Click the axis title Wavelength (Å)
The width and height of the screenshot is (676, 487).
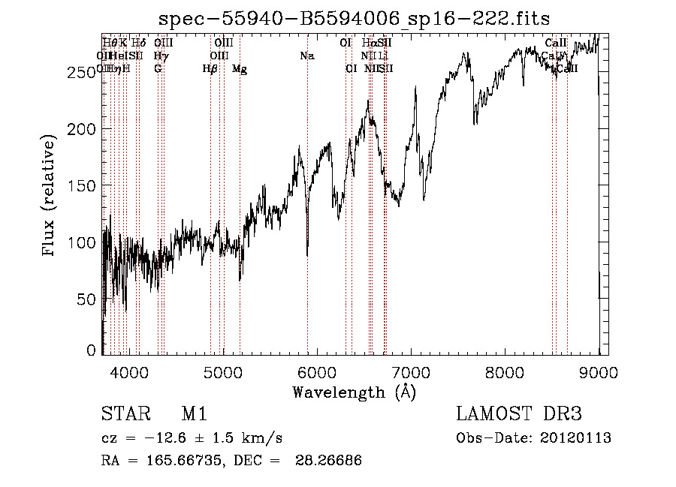click(x=354, y=392)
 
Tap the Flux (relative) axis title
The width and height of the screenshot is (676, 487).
click(x=50, y=197)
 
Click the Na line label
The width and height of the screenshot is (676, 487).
click(x=306, y=56)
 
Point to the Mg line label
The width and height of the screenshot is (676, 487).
click(x=240, y=69)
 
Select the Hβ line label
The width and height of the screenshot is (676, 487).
click(x=210, y=69)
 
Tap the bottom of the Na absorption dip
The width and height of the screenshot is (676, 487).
click(x=307, y=255)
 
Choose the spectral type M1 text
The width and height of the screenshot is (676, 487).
click(x=194, y=414)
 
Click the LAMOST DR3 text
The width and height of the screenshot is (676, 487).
click(x=519, y=414)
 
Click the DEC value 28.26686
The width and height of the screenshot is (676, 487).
click(x=330, y=461)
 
